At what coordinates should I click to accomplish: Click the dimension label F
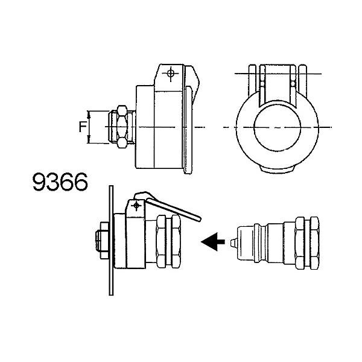point(83,127)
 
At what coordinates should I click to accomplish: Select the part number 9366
point(60,182)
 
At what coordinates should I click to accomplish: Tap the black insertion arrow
point(213,242)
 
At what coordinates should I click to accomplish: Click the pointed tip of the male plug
point(231,243)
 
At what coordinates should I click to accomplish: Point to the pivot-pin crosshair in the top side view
point(171,74)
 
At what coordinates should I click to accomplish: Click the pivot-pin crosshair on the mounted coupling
point(136,205)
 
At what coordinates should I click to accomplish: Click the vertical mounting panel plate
point(111,240)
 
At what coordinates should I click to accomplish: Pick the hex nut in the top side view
point(122,127)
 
